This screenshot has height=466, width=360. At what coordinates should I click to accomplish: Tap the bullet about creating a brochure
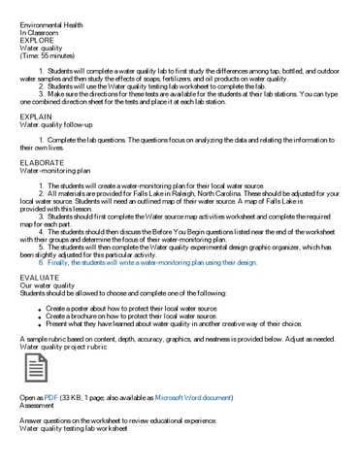click(131, 316)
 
